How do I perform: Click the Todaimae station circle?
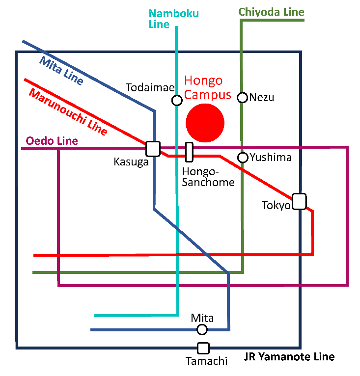pyautogui.click(x=177, y=101)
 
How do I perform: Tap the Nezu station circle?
pyautogui.click(x=242, y=98)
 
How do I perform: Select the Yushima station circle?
pyautogui.click(x=242, y=158)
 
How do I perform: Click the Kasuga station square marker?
pyautogui.click(x=153, y=148)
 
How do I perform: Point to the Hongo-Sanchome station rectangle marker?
pyautogui.click(x=189, y=152)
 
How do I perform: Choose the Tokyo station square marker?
pyautogui.click(x=299, y=202)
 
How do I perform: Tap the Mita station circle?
pyautogui.click(x=202, y=329)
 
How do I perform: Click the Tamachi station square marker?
pyautogui.click(x=203, y=348)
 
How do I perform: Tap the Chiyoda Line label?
pyautogui.click(x=272, y=12)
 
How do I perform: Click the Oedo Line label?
pyautogui.click(x=52, y=141)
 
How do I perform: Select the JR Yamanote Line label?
pyautogui.click(x=289, y=357)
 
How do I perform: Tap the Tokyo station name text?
pyautogui.click(x=276, y=205)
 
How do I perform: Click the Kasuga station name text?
pyautogui.click(x=131, y=162)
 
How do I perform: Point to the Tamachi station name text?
pyautogui.click(x=206, y=361)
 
